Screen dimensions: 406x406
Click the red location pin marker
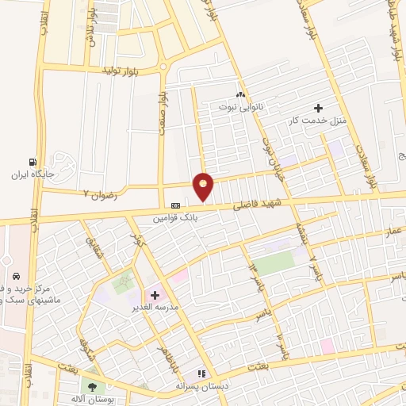(x=204, y=187)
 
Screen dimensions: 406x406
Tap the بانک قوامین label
(x=175, y=216)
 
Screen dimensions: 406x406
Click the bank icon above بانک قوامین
(x=175, y=205)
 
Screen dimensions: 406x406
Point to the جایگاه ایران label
(x=33, y=173)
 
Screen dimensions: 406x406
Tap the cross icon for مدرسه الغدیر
(x=155, y=295)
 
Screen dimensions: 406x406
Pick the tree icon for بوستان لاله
(x=93, y=387)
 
